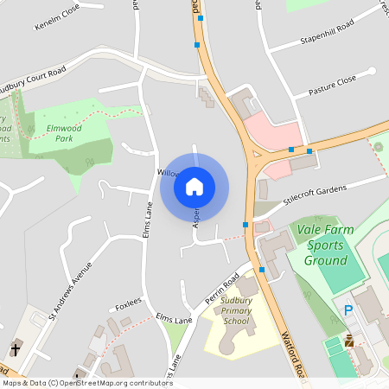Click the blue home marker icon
coord(194,186)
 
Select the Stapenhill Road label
coord(328,34)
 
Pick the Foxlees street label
coord(128,306)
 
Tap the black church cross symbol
coord(16,349)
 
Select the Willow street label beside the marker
coord(168,173)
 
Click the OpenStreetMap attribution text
coord(86,383)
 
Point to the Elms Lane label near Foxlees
coord(174,320)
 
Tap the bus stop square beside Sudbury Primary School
coord(262,270)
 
